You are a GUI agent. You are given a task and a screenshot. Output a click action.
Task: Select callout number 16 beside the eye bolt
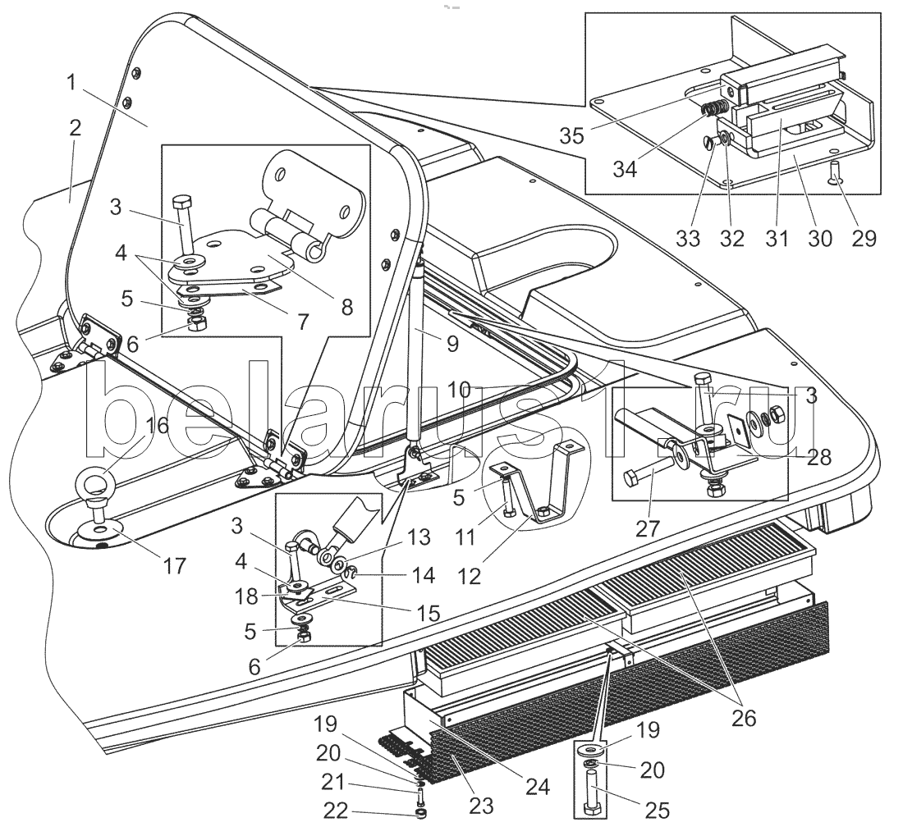click(x=158, y=425)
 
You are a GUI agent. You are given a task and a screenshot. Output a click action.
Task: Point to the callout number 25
click(x=657, y=811)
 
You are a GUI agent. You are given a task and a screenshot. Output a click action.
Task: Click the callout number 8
click(x=346, y=306)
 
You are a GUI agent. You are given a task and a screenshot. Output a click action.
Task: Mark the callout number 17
click(x=175, y=565)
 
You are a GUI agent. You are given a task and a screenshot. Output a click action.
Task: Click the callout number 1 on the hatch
click(x=73, y=82)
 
